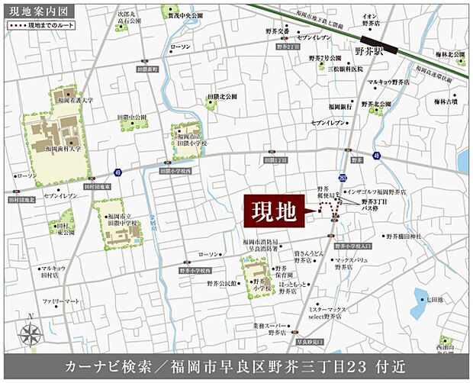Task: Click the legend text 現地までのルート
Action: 47,25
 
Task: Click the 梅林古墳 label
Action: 445,100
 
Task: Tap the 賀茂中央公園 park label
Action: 186,14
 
